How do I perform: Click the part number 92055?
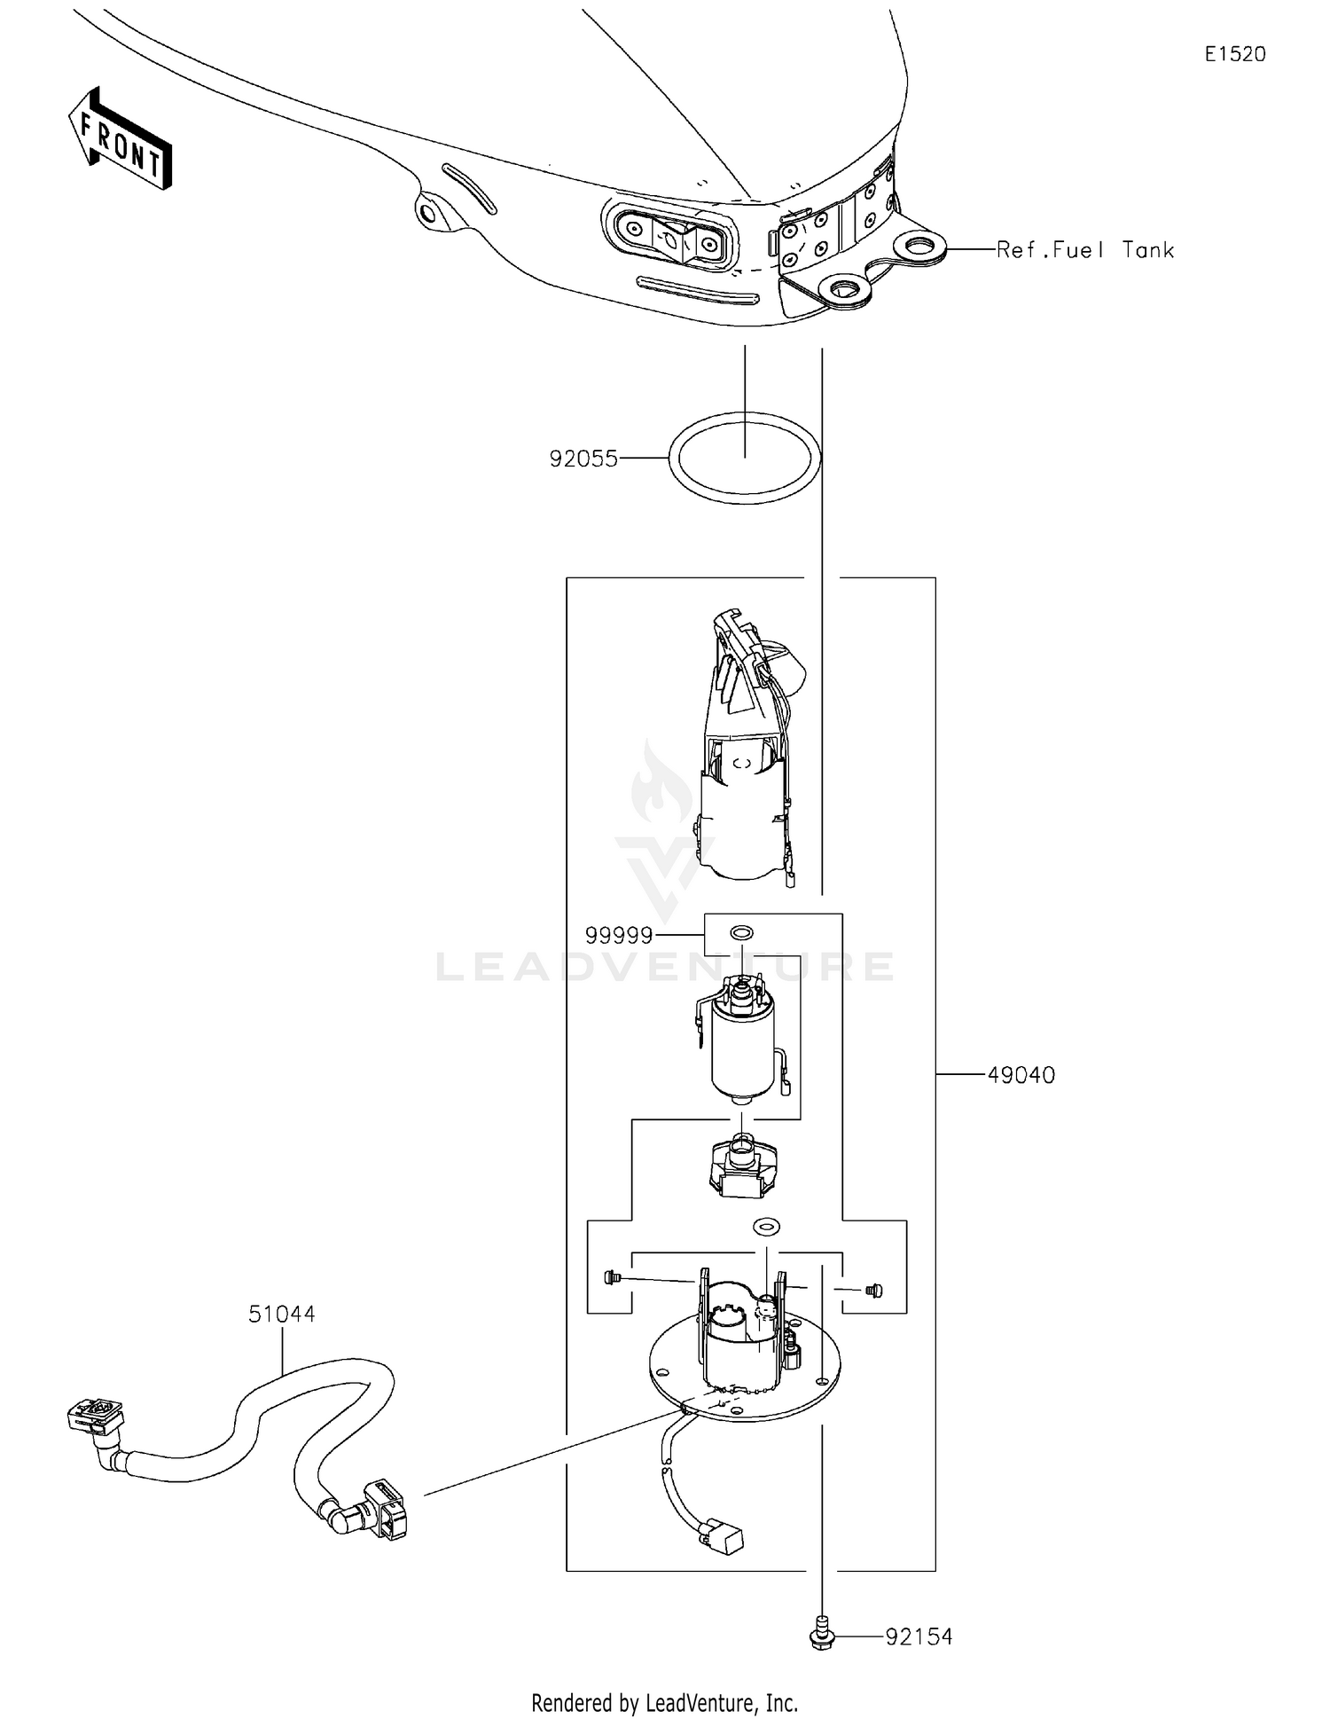[583, 459]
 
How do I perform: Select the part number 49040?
[1021, 1075]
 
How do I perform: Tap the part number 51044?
[281, 1314]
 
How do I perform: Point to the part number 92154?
[919, 1637]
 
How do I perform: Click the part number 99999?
[619, 935]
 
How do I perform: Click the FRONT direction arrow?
[120, 139]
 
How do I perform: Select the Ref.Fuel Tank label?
[1085, 250]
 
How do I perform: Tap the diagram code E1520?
[1235, 54]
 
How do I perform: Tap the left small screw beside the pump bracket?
[609, 1277]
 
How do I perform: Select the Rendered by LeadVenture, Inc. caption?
[664, 1703]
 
